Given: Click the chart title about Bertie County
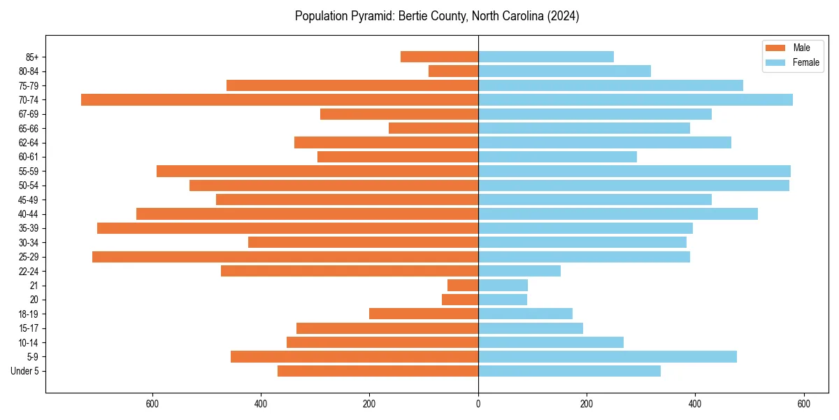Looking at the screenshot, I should point(437,16).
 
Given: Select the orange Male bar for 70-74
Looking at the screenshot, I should point(280,99).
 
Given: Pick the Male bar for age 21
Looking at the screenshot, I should point(463,286).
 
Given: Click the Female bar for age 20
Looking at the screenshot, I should point(502,300).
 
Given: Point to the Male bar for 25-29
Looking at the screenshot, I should point(285,257).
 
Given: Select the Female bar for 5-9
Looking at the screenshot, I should point(607,357).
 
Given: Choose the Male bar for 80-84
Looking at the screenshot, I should point(453,71).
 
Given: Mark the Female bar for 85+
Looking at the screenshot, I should point(545,57).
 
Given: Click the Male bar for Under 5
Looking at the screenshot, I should point(378,371).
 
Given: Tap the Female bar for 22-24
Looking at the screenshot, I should point(519,271).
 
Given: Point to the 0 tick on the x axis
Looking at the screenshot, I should point(478,404).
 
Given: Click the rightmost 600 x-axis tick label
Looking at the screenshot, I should point(803,404).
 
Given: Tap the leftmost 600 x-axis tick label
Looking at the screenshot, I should point(152,404).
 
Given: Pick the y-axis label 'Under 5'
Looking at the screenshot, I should point(25,371).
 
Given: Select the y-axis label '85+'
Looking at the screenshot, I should point(33,57).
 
